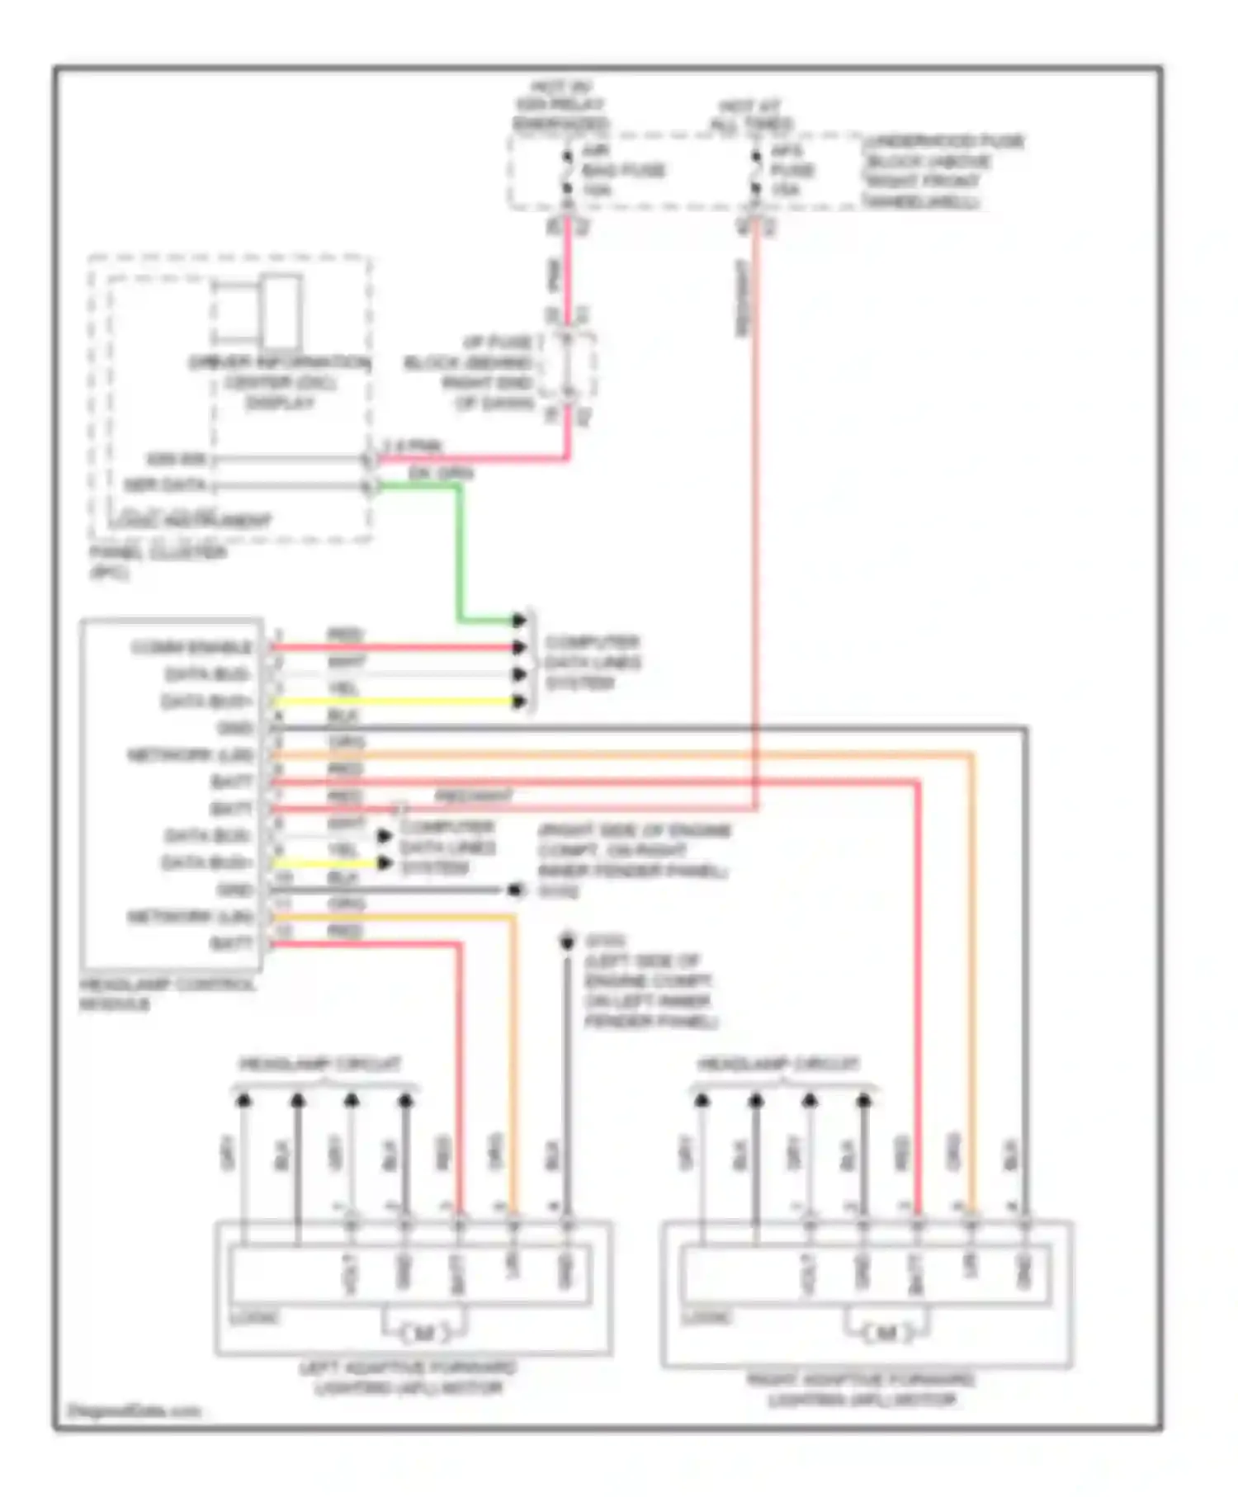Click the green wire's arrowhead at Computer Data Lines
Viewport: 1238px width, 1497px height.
(518, 620)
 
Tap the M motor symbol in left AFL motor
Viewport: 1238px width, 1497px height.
(424, 1333)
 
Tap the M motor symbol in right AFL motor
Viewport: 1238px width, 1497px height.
(886, 1333)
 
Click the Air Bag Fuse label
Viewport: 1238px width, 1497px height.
(623, 170)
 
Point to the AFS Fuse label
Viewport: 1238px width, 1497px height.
(792, 170)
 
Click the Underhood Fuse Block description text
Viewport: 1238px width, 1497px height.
(941, 171)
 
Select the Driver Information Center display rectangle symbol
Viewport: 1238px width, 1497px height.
(281, 312)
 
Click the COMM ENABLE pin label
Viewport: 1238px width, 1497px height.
(191, 647)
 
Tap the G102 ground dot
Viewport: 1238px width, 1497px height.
(516, 890)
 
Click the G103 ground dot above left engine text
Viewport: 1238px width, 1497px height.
(567, 942)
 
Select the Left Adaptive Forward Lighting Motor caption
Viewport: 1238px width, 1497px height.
(408, 1377)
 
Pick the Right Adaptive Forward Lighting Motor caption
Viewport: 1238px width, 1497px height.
(861, 1390)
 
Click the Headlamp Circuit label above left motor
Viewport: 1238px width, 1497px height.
(321, 1064)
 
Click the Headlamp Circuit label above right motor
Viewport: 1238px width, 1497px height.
(779, 1064)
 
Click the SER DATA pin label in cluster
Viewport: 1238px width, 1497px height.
(165, 485)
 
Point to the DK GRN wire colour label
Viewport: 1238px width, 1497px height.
(441, 473)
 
